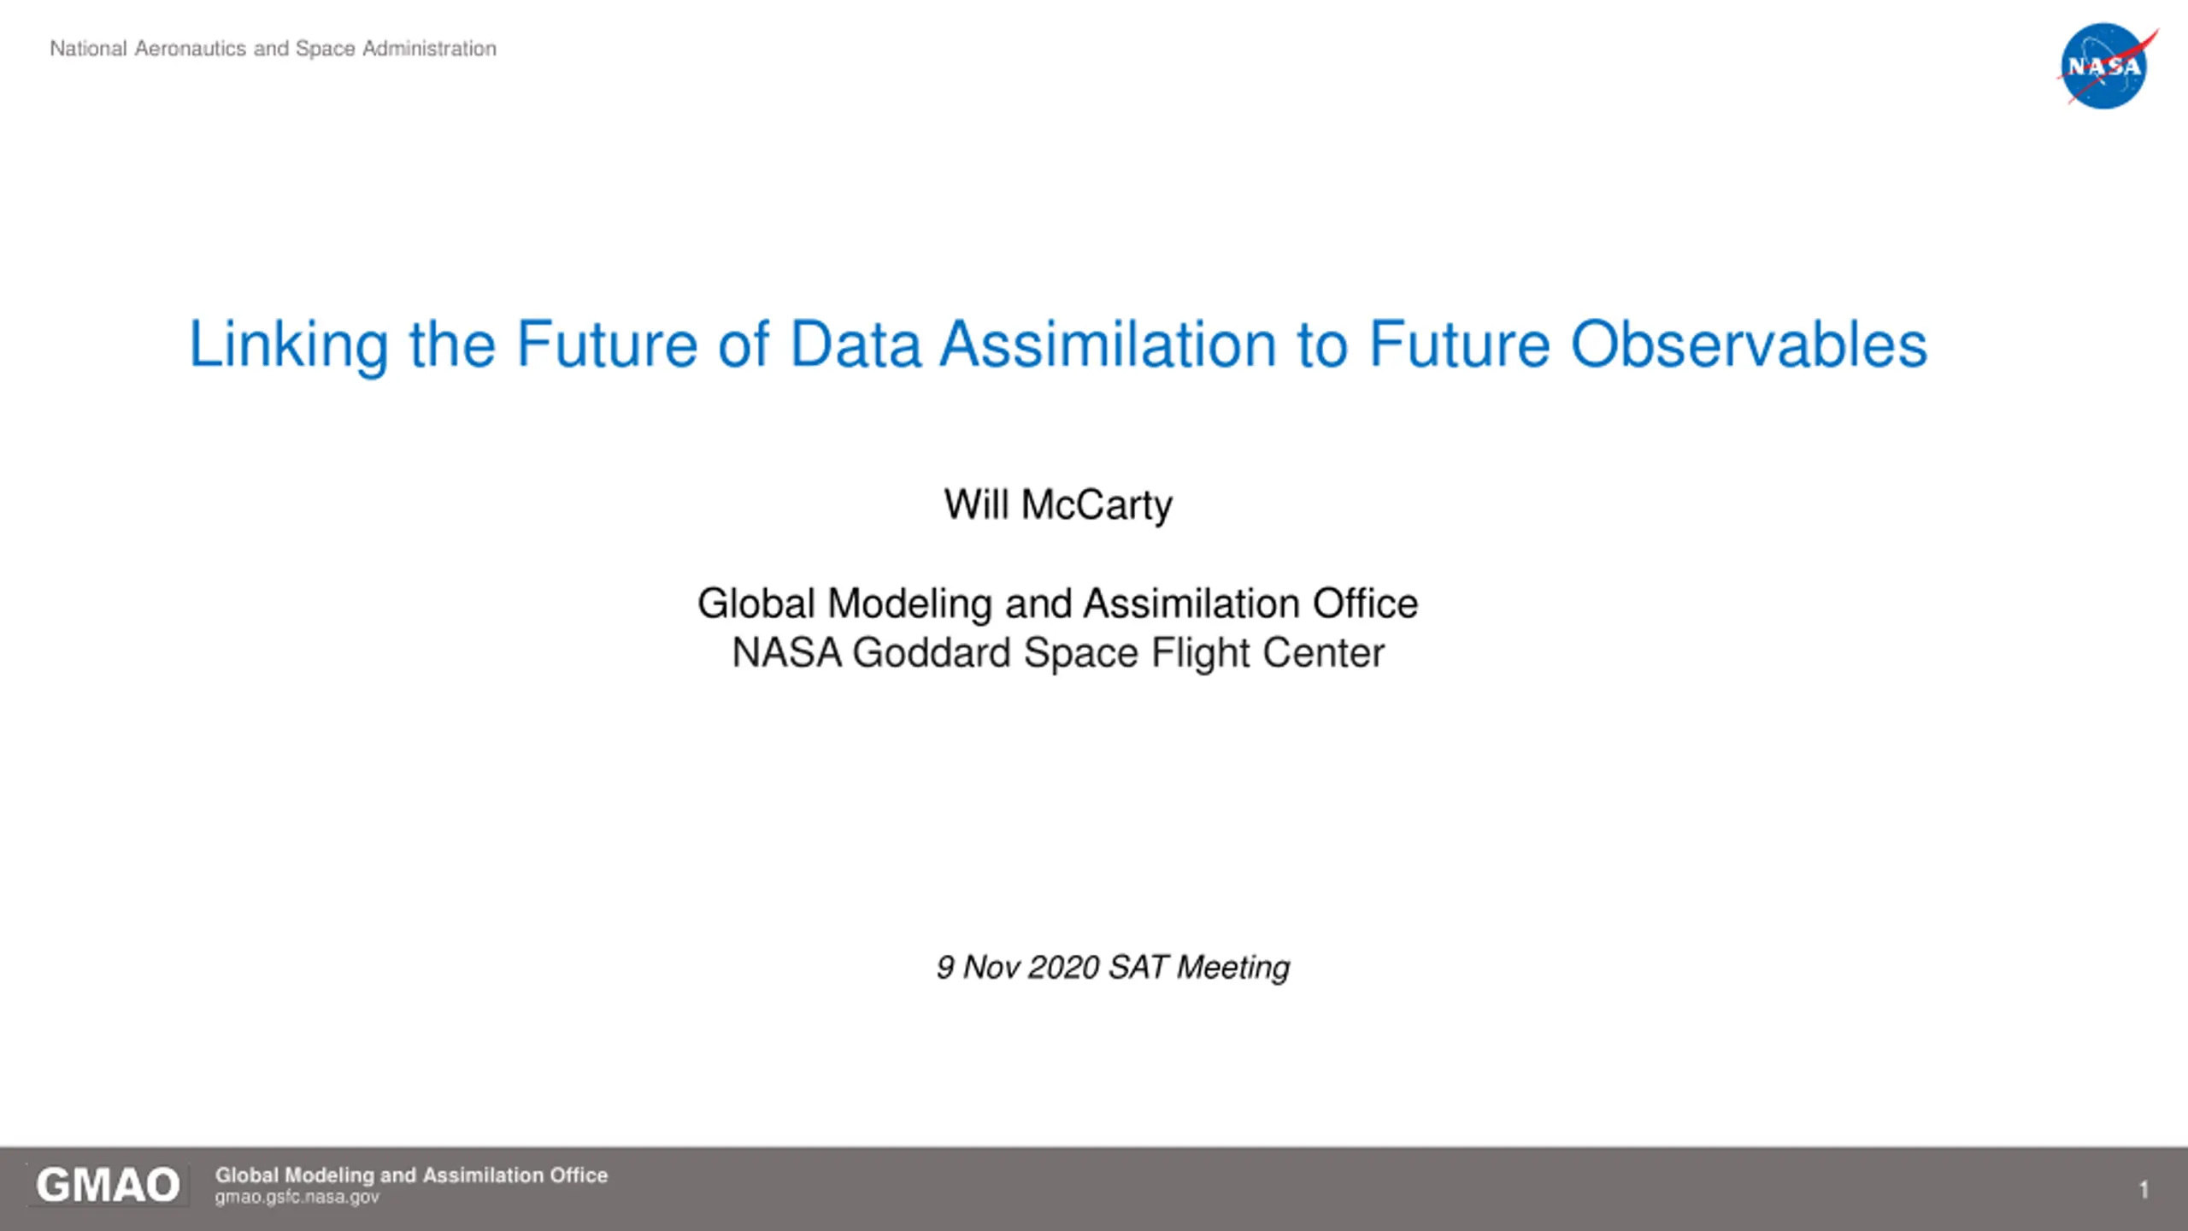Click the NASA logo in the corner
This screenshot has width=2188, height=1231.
(x=2106, y=66)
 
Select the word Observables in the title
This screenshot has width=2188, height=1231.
(x=1749, y=344)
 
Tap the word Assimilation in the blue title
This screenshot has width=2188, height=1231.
(x=1109, y=344)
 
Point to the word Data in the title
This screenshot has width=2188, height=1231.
(x=856, y=344)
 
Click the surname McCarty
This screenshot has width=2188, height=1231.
(x=1097, y=504)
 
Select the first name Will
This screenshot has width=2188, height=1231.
(x=977, y=504)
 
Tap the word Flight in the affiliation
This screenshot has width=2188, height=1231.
(x=1201, y=654)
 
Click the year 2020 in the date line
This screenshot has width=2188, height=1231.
(x=1063, y=967)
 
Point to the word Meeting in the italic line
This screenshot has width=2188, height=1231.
(x=1233, y=968)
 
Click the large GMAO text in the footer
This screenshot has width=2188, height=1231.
(x=108, y=1186)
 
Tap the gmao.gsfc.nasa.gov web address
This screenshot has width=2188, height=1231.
(x=297, y=1197)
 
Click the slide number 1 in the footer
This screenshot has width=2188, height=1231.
(x=2144, y=1189)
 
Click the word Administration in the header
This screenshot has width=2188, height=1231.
(x=429, y=49)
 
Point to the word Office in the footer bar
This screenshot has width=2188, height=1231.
(x=579, y=1175)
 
